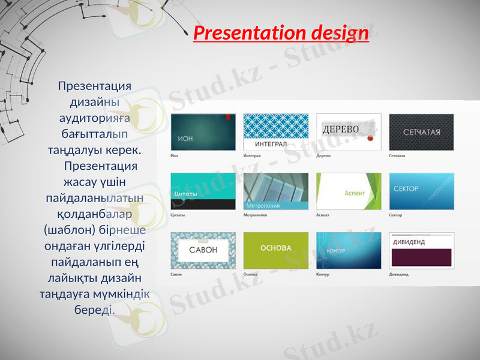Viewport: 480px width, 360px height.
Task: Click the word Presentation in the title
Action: (251, 32)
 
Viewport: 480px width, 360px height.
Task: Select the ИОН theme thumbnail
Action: (203, 132)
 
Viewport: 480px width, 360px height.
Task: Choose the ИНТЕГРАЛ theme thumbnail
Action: (275, 132)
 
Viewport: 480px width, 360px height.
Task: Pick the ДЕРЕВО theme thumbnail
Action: (349, 132)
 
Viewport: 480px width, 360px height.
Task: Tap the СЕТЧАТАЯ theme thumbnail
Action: (421, 132)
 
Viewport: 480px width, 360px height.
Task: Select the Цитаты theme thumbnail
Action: (203, 191)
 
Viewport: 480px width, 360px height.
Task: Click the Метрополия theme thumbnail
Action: (275, 191)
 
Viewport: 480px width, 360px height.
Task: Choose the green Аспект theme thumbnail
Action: (349, 191)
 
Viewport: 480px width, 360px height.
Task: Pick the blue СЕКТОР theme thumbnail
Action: (421, 191)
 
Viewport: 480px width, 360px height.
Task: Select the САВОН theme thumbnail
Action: (203, 250)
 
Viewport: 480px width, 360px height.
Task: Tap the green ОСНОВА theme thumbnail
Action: (275, 250)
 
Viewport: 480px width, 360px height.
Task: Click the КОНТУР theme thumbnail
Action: (349, 250)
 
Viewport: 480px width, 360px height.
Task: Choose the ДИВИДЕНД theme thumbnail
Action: (421, 250)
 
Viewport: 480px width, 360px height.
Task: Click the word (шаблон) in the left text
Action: (67, 230)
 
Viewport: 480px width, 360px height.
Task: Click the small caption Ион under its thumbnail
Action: (175, 155)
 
